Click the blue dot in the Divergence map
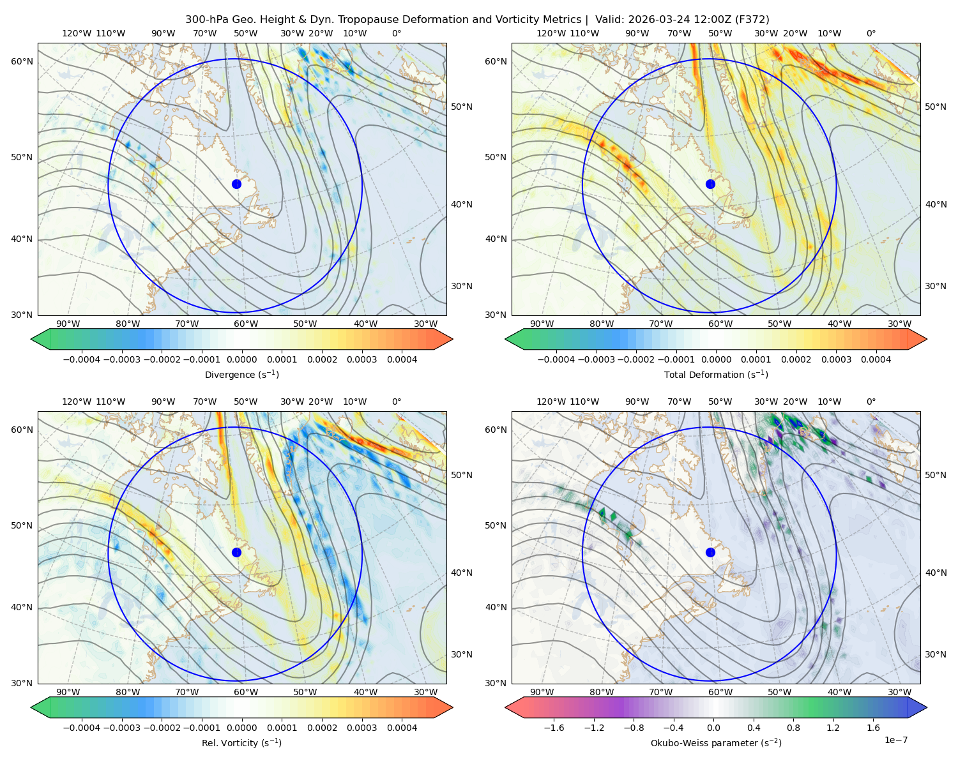coord(236,184)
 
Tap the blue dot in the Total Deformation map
coord(710,184)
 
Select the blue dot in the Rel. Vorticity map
coord(236,552)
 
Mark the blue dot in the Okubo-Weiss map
coord(710,552)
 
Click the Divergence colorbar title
coord(241,374)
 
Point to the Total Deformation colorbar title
coord(716,374)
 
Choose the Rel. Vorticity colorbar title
coord(241,742)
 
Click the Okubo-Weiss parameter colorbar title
coord(716,742)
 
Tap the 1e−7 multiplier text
coord(895,740)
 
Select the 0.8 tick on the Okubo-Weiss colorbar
coord(793,727)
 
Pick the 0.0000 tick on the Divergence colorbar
coord(241,359)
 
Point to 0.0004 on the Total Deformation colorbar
coord(876,359)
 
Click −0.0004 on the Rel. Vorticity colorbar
coord(82,727)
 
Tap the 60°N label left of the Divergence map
coord(22,61)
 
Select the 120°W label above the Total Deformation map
coord(551,33)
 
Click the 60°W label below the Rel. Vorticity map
coord(246,692)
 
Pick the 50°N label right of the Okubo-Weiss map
coord(935,474)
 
